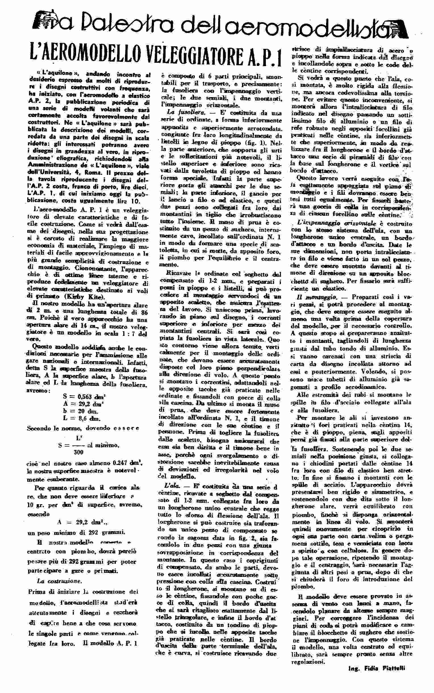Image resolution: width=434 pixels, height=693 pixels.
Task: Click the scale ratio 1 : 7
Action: tap(124, 333)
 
